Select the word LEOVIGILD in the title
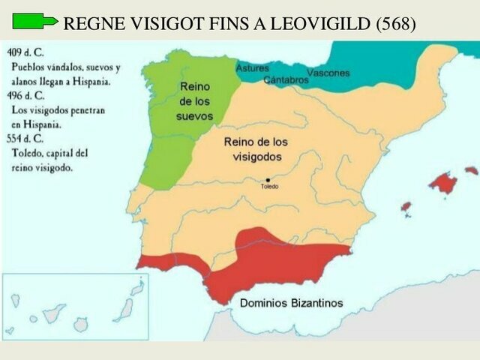coord(324,23)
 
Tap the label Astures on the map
coord(252,68)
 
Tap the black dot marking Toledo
coord(268,180)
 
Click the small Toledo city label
coord(268,187)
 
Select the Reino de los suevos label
coord(195,101)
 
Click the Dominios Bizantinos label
coord(292,303)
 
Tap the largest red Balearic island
coord(443,182)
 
